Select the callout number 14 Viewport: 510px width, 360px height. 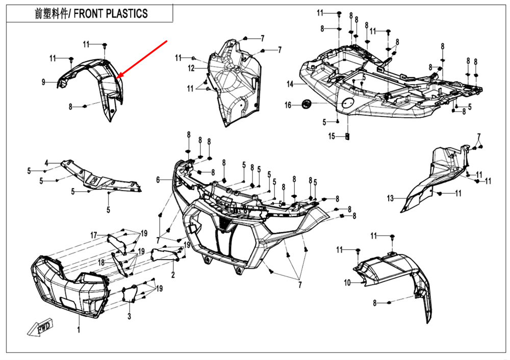290,84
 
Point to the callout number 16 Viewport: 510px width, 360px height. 288,105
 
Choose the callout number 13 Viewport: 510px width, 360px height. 391,198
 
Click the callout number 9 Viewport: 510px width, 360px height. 44,82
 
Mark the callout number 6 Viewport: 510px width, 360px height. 158,179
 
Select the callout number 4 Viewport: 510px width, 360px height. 46,163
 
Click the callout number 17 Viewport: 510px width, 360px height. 94,235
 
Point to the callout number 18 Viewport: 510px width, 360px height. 101,262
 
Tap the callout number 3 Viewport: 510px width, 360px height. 129,316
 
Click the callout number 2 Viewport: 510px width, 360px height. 173,275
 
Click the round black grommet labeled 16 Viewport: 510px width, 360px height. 307,104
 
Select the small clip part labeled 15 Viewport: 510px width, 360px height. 347,136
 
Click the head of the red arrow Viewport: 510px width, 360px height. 118,78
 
